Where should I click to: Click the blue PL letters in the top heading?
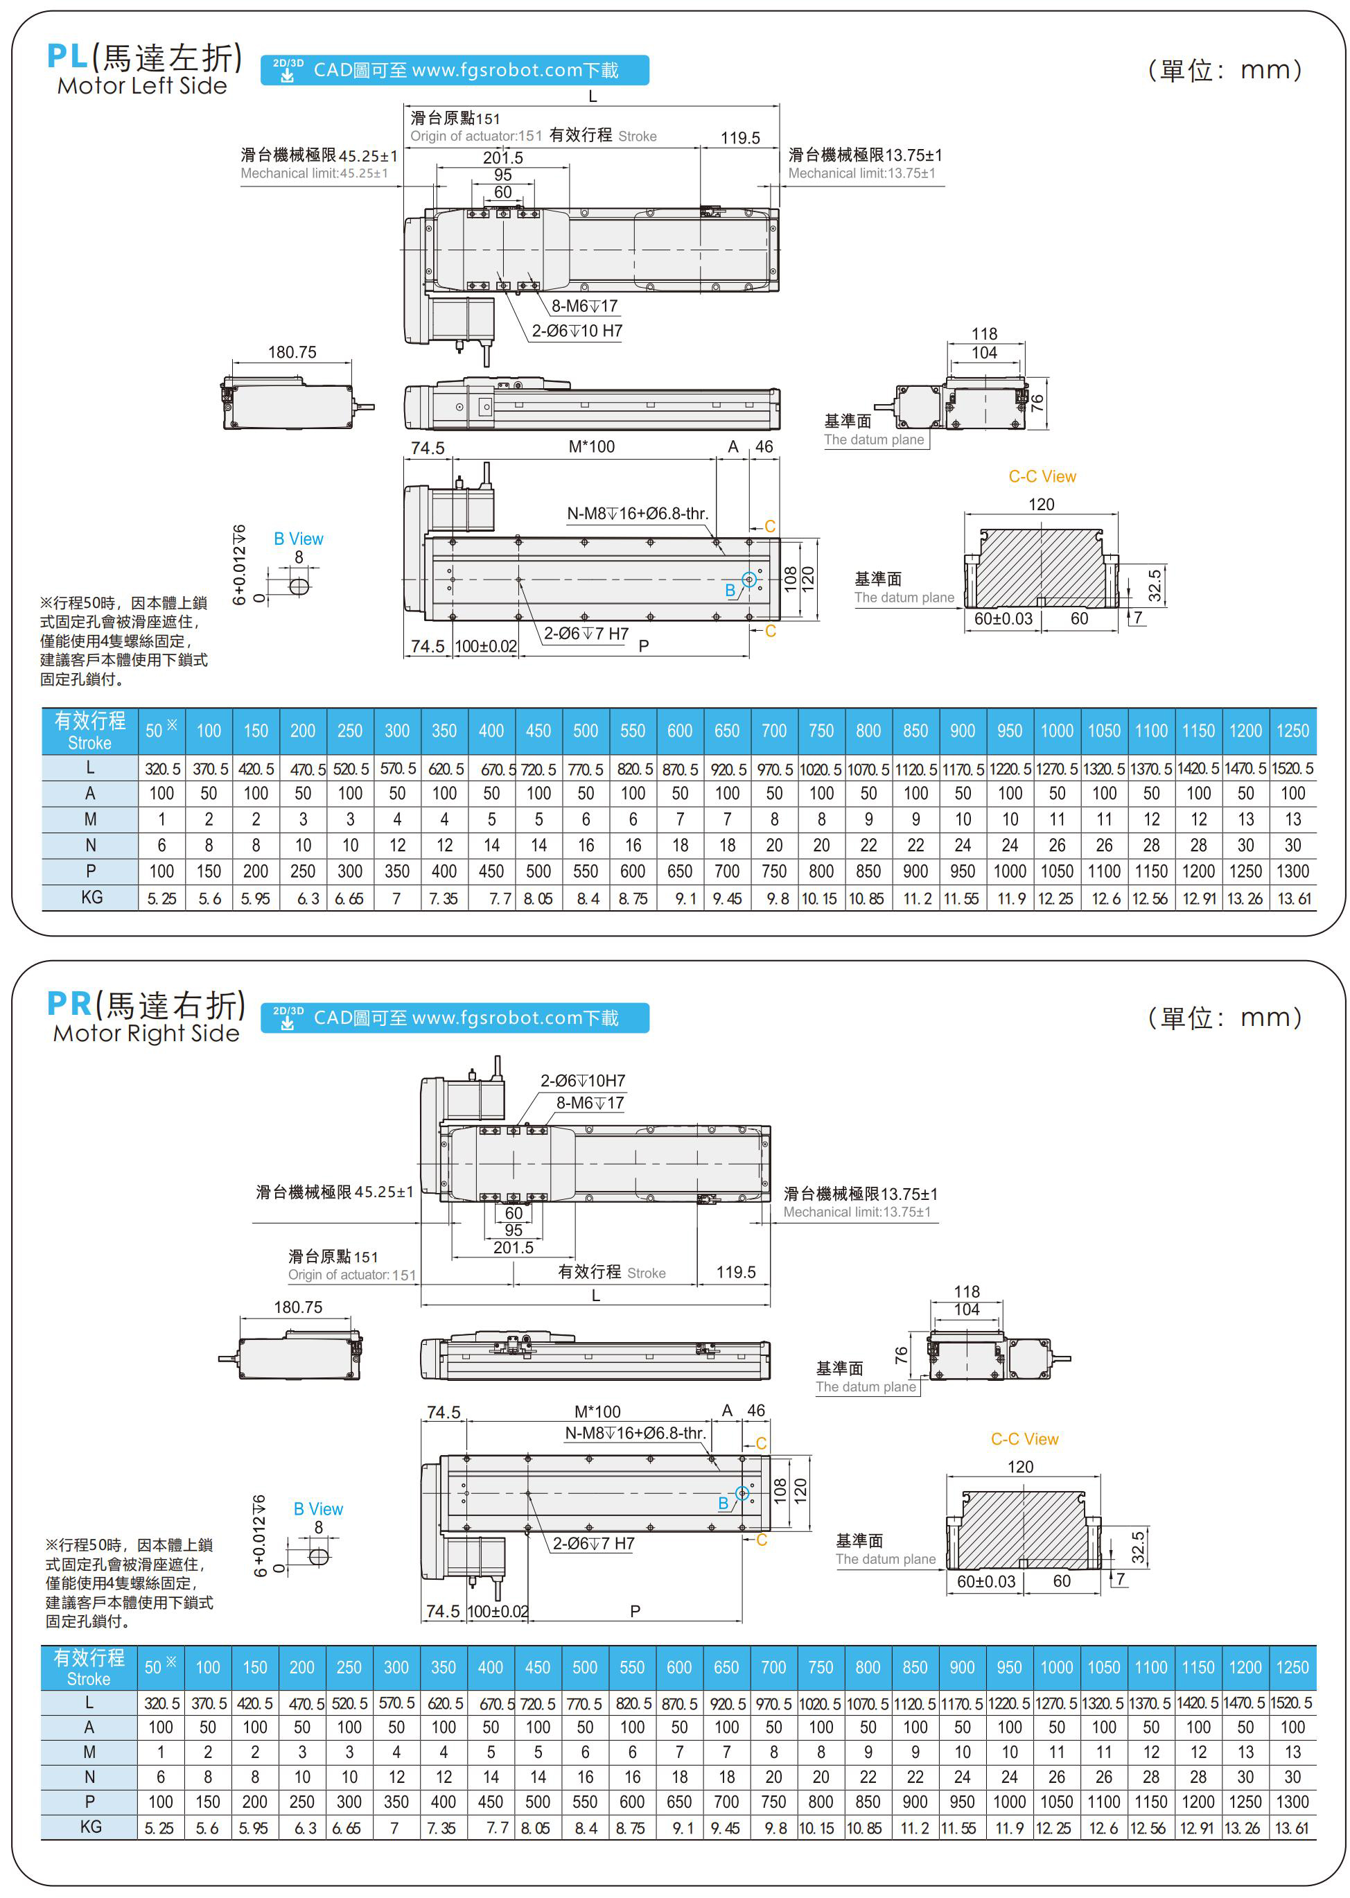pyautogui.click(x=67, y=57)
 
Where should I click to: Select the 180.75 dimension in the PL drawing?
pyautogui.click(x=292, y=353)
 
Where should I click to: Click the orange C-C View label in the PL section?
pyautogui.click(x=1042, y=476)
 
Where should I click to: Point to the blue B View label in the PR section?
pyautogui.click(x=317, y=1509)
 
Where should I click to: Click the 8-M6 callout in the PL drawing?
pyautogui.click(x=584, y=306)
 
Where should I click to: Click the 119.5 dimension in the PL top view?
pyautogui.click(x=740, y=138)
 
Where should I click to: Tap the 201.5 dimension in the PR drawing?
pyautogui.click(x=513, y=1248)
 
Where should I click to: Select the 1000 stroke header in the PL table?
pyautogui.click(x=1057, y=731)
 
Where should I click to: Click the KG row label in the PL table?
pyautogui.click(x=91, y=898)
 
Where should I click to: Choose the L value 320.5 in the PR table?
pyautogui.click(x=161, y=1703)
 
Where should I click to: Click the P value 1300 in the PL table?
pyautogui.click(x=1292, y=871)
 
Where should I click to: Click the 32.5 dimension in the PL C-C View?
pyautogui.click(x=1155, y=585)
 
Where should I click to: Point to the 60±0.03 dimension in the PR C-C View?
pyautogui.click(x=986, y=1581)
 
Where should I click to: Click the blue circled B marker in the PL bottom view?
pyautogui.click(x=748, y=580)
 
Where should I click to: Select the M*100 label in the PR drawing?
pyautogui.click(x=597, y=1411)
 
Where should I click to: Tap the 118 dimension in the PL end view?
pyautogui.click(x=984, y=334)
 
